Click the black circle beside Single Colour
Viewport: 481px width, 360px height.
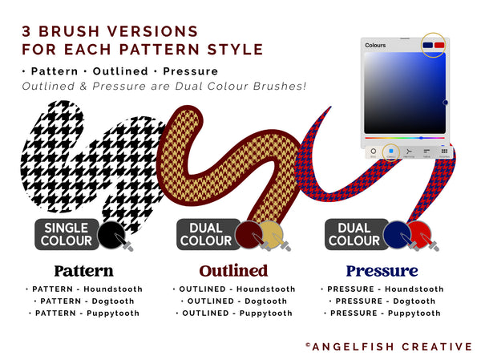(x=110, y=234)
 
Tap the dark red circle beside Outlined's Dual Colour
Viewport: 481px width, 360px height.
(x=249, y=234)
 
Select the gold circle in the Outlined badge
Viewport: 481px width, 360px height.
(x=273, y=234)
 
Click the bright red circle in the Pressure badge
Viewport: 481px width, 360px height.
(x=420, y=234)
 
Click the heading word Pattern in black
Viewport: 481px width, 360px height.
(x=83, y=270)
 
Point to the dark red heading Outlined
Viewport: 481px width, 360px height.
(x=233, y=270)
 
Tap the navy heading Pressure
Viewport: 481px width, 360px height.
(x=382, y=270)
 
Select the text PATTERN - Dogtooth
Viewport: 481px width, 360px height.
(x=83, y=301)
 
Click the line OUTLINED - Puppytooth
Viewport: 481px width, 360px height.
(x=233, y=313)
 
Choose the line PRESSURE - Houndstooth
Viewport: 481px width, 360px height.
(x=382, y=289)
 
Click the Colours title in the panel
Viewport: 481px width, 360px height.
(x=375, y=46)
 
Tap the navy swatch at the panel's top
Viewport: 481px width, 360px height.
(x=427, y=45)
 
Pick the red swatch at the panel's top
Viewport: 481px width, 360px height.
(x=439, y=45)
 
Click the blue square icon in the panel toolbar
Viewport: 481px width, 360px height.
(x=391, y=150)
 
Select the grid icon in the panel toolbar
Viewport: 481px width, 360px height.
(x=444, y=150)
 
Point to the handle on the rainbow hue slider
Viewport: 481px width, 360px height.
(x=421, y=138)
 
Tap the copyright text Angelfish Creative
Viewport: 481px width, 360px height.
(x=389, y=346)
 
